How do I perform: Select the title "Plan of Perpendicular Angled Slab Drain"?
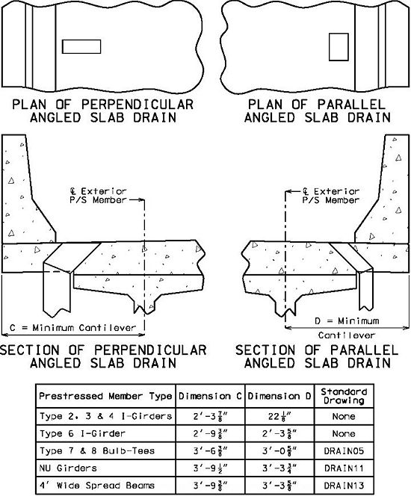point(102,111)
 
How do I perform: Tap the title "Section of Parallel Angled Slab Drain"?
point(317,356)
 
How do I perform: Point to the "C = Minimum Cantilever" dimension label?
point(72,328)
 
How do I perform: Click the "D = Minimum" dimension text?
point(347,321)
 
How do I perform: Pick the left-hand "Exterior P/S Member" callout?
point(98,196)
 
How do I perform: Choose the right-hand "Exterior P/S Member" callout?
point(330,196)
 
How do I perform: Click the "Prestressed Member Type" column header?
point(105,396)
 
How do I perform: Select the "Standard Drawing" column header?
point(344,396)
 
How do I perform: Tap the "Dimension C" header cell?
point(210,396)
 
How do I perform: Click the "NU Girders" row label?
point(68,468)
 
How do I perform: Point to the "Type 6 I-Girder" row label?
point(82,433)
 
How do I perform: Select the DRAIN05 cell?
point(344,450)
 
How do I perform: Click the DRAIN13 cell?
point(344,486)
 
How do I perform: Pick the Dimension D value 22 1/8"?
point(279,416)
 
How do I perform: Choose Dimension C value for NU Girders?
point(211,468)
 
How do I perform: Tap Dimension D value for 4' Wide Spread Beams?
point(279,486)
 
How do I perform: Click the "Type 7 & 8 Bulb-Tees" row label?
point(97,450)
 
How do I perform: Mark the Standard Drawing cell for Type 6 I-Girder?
point(344,433)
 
